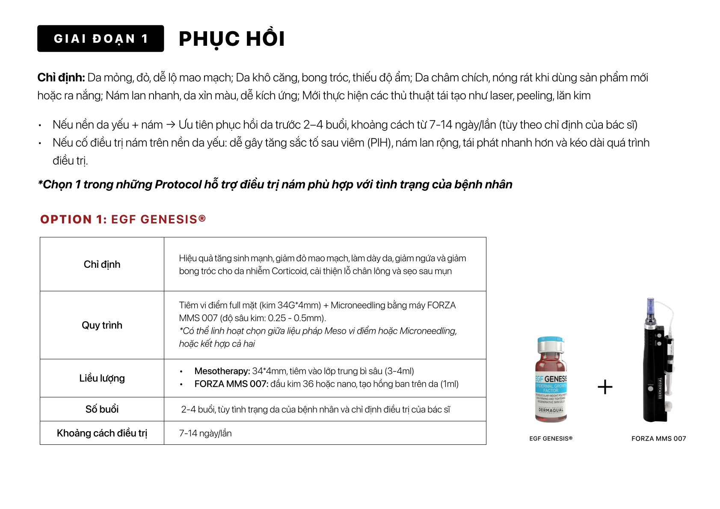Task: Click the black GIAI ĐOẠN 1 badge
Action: pyautogui.click(x=101, y=38)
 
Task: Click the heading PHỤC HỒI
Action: pyautogui.click(x=231, y=39)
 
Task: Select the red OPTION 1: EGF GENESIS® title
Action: pyautogui.click(x=123, y=219)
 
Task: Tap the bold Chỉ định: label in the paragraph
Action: pyautogui.click(x=61, y=77)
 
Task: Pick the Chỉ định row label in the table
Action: pyautogui.click(x=102, y=264)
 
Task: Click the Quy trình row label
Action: pyautogui.click(x=102, y=325)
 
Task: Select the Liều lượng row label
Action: pyautogui.click(x=102, y=378)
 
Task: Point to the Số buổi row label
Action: pyautogui.click(x=102, y=409)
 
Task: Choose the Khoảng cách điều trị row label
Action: pyautogui.click(x=102, y=433)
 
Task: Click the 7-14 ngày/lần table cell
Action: pyautogui.click(x=205, y=433)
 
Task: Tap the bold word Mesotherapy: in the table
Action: pyautogui.click(x=222, y=371)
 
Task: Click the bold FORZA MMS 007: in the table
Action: pyautogui.click(x=231, y=384)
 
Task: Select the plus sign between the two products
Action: pyautogui.click(x=605, y=387)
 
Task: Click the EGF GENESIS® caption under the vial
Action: pyautogui.click(x=551, y=438)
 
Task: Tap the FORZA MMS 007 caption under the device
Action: pyautogui.click(x=658, y=438)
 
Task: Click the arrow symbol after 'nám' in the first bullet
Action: pyautogui.click(x=171, y=125)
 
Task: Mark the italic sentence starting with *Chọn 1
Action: pyautogui.click(x=275, y=184)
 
